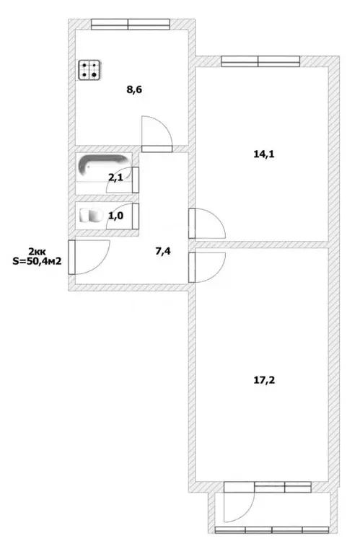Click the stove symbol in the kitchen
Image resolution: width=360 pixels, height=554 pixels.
[90, 70]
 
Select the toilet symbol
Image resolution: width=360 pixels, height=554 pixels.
[91, 215]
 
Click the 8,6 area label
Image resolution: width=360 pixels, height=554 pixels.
[134, 89]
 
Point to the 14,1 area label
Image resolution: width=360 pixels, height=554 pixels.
[264, 154]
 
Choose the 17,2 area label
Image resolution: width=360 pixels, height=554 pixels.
[264, 380]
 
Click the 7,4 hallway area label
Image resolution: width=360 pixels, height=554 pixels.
[163, 252]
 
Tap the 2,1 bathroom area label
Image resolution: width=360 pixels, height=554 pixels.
[115, 177]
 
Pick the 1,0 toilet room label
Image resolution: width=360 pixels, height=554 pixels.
[115, 216]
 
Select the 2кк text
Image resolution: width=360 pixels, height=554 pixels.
[37, 252]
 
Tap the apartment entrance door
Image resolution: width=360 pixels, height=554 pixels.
[89, 258]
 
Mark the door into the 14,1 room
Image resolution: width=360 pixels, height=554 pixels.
[207, 224]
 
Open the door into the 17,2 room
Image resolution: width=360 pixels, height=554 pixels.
[207, 268]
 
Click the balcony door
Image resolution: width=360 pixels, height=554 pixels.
[239, 502]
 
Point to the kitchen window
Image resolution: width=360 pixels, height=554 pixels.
[131, 24]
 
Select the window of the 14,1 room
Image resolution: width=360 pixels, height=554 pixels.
[260, 61]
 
